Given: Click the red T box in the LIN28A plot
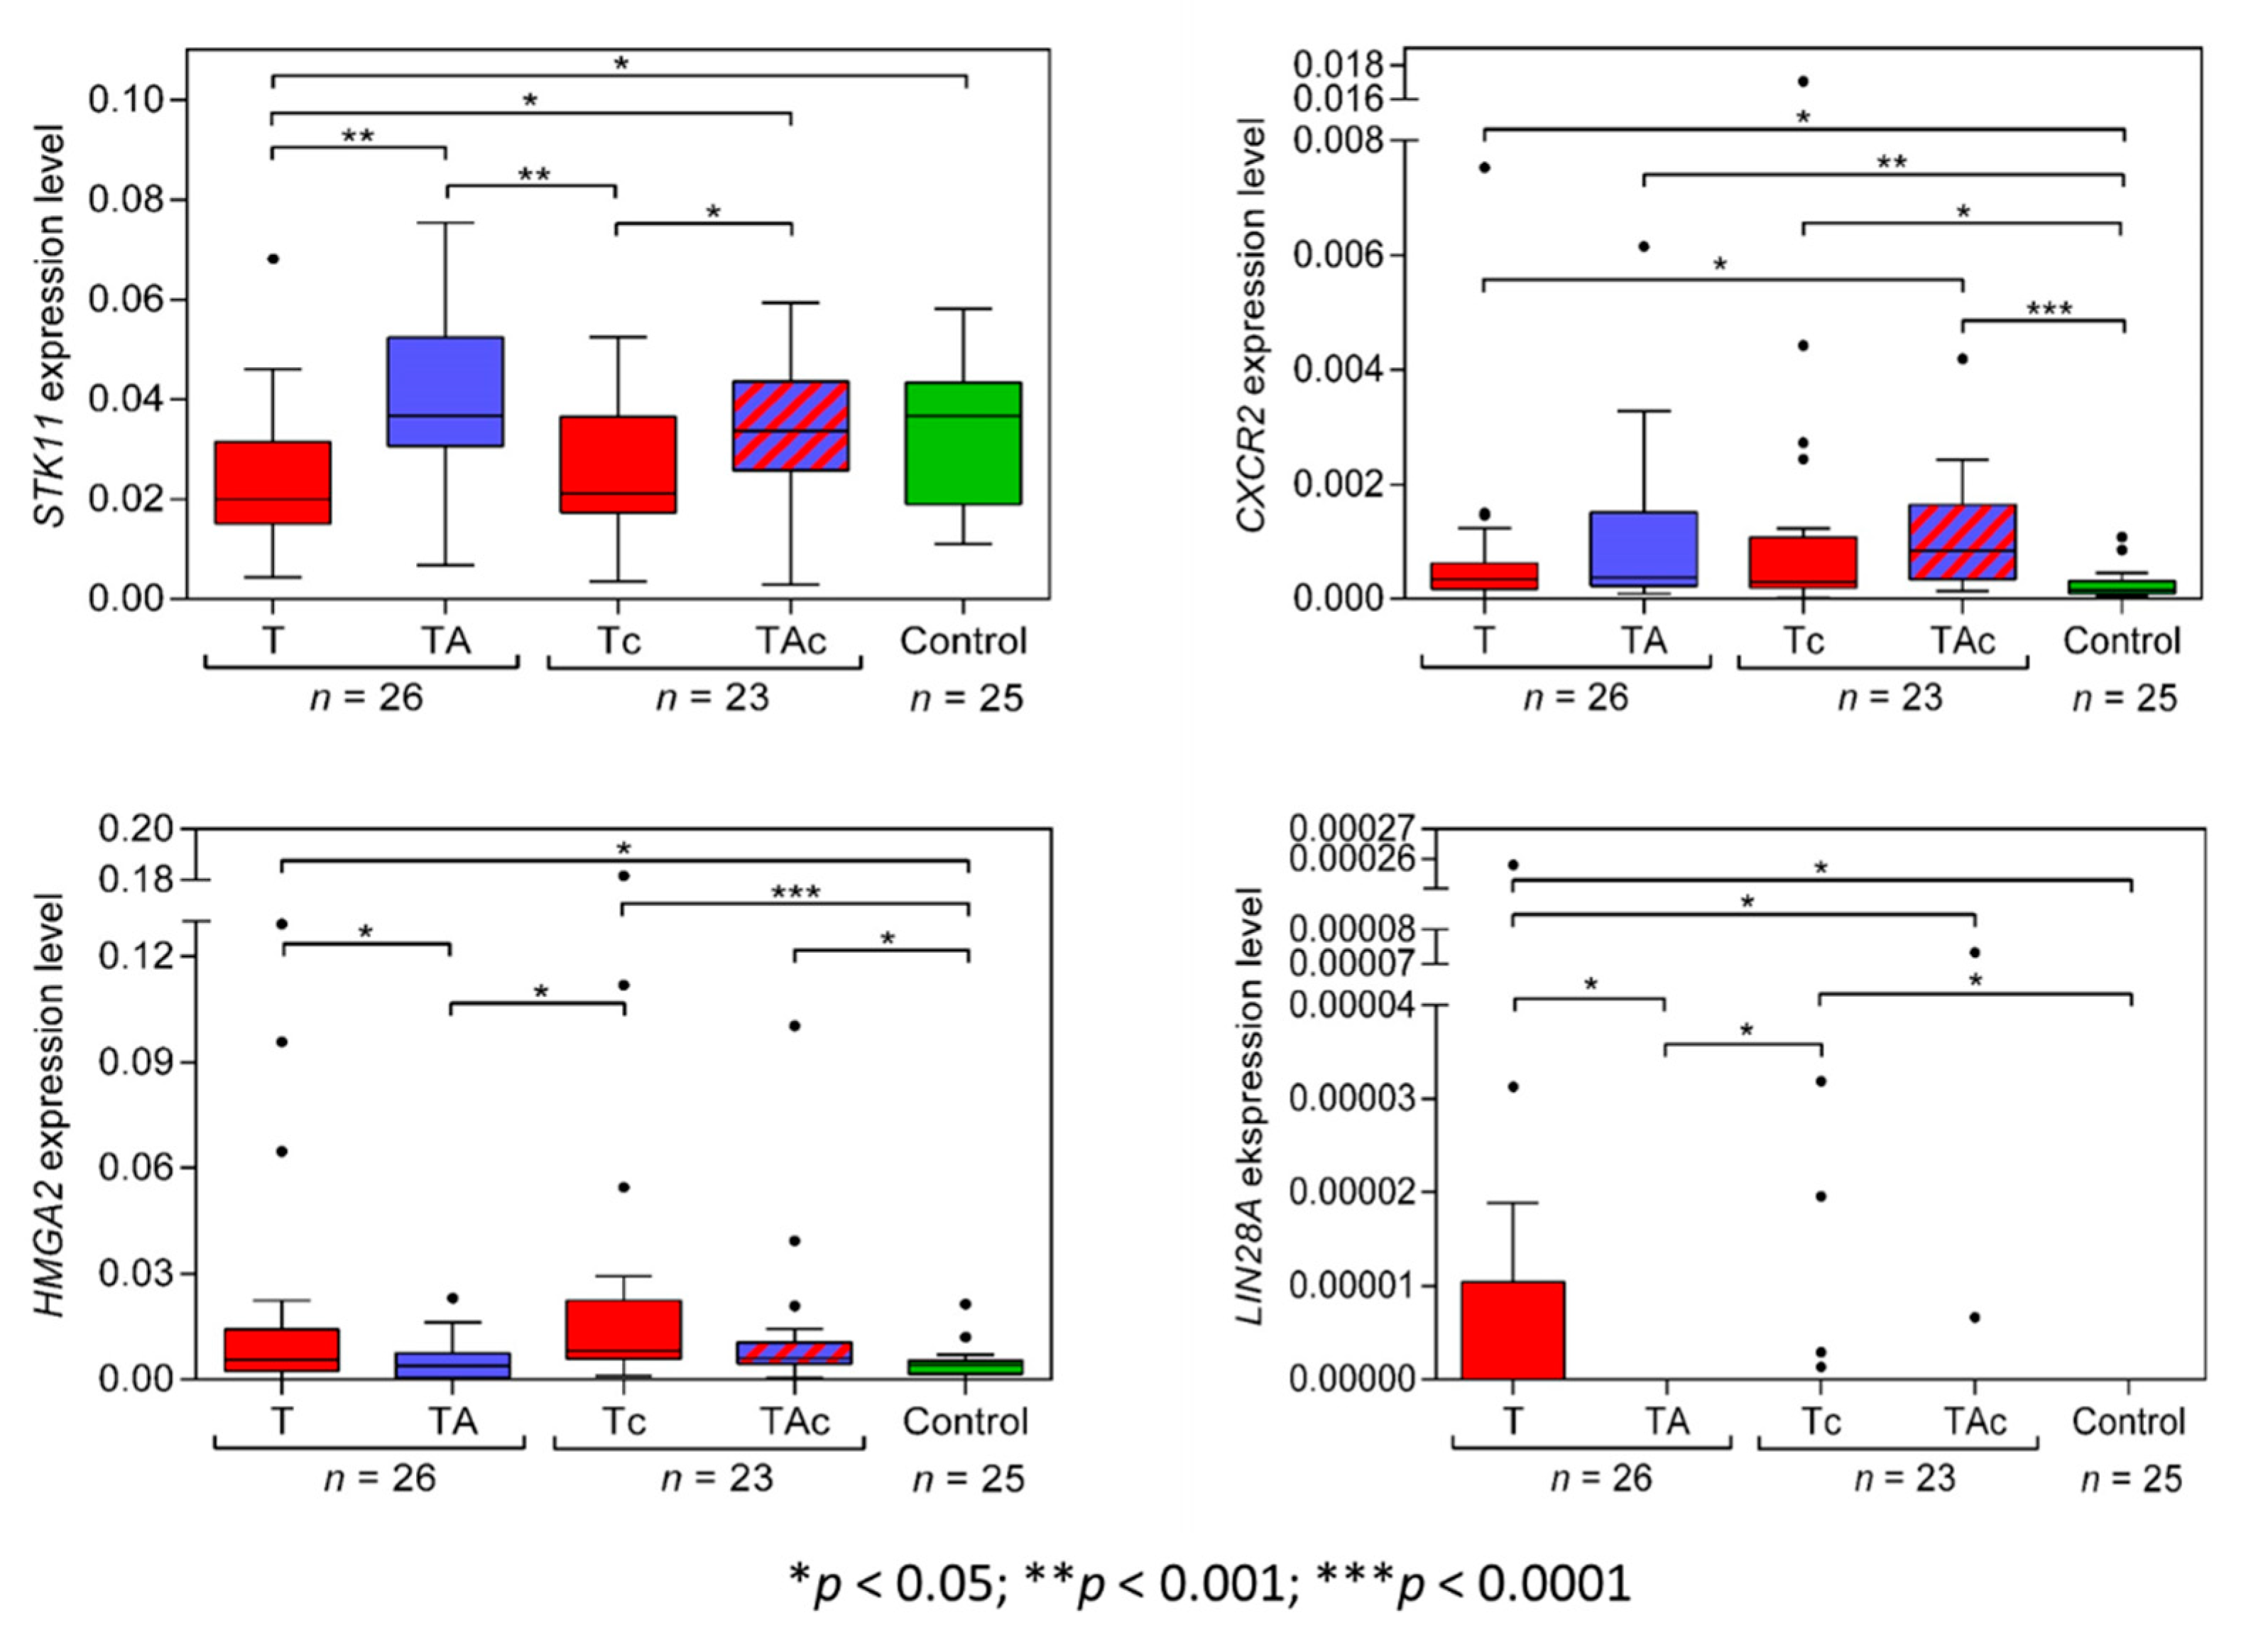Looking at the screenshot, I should [1512, 1329].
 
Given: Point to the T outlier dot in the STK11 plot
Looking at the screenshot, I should [273, 259].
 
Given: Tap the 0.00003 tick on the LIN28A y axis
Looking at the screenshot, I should [1351, 1099].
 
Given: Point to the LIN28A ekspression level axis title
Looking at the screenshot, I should [1250, 1105].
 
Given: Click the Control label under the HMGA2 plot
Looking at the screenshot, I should [964, 1421].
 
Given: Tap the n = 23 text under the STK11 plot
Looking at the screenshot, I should [712, 698].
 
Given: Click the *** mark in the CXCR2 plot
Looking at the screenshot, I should [2049, 309].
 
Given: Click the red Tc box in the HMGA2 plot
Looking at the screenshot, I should [623, 1329].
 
